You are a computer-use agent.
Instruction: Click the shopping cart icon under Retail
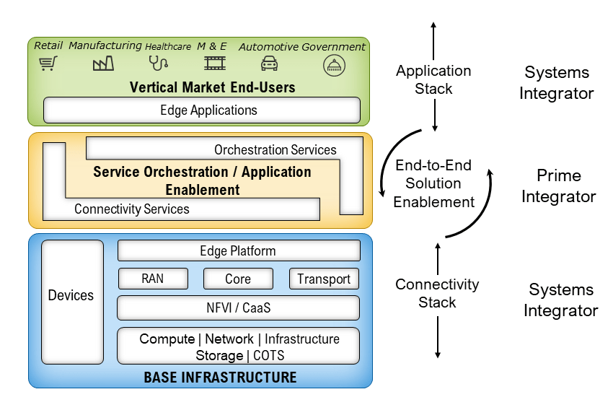pyautogui.click(x=48, y=64)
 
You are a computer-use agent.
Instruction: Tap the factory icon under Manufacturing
pyautogui.click(x=104, y=64)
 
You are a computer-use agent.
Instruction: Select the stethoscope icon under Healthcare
pyautogui.click(x=158, y=64)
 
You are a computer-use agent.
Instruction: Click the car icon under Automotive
pyautogui.click(x=270, y=64)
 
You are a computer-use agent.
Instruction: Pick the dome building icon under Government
pyautogui.click(x=334, y=65)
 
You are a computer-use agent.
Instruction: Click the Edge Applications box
pyautogui.click(x=202, y=110)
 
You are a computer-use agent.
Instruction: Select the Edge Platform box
pyautogui.click(x=238, y=250)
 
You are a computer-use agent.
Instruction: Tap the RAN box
pyautogui.click(x=152, y=279)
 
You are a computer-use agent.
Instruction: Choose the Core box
pyautogui.click(x=238, y=279)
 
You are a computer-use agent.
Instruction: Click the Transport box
pyautogui.click(x=324, y=279)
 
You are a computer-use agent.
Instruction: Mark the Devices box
pyautogui.click(x=72, y=295)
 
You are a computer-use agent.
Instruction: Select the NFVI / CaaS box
pyautogui.click(x=238, y=307)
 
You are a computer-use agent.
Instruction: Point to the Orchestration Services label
pyautogui.click(x=275, y=150)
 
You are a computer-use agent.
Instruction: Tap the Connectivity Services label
pyautogui.click(x=132, y=209)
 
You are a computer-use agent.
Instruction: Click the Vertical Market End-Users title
pyautogui.click(x=213, y=87)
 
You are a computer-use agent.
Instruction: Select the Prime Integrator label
pyautogui.click(x=558, y=186)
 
